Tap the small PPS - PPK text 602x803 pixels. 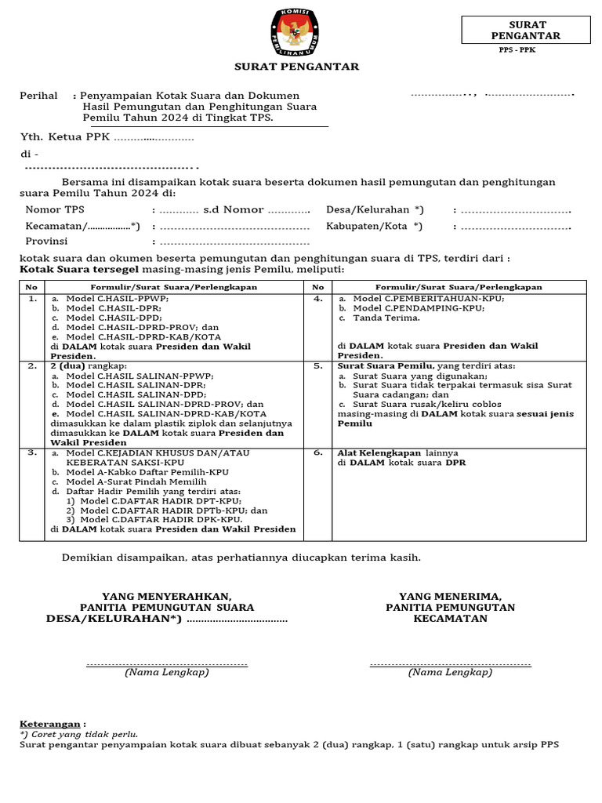click(517, 50)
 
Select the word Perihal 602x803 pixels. click(38, 96)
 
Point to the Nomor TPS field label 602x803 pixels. click(55, 210)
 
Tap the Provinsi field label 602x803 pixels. click(46, 242)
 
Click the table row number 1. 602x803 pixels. click(32, 299)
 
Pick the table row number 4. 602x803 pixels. click(318, 299)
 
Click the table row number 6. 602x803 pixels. click(318, 453)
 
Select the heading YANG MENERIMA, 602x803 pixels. click(450, 596)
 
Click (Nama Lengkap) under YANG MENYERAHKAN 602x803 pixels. click(166, 672)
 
